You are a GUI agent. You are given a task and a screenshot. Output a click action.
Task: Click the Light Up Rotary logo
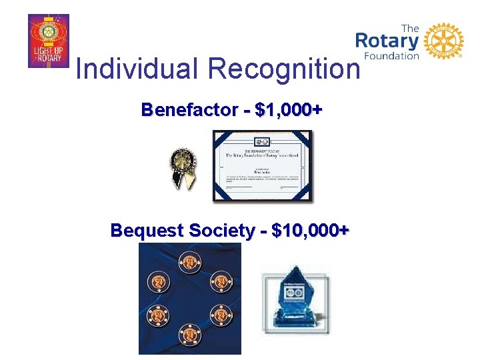coord(49,41)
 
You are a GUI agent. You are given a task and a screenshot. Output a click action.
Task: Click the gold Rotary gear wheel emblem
coord(443,41)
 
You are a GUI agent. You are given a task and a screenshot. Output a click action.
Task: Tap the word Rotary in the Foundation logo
coord(387,41)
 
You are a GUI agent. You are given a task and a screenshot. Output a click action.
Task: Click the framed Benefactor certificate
coord(262,166)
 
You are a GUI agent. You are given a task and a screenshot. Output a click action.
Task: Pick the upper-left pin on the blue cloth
coord(159,279)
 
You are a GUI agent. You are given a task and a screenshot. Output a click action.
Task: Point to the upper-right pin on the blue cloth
coord(219,279)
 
